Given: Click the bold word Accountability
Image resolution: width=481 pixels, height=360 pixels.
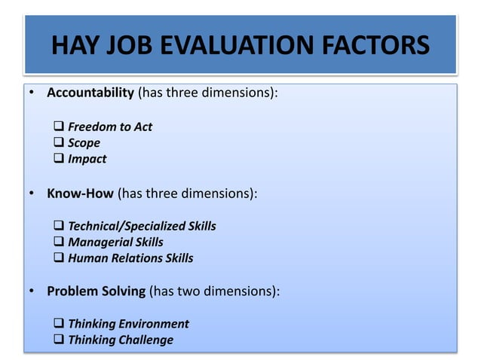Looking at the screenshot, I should tap(90, 93).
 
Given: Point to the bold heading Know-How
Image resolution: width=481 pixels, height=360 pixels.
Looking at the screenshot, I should tap(80, 193).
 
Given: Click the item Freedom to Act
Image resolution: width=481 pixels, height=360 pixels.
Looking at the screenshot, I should tap(109, 127).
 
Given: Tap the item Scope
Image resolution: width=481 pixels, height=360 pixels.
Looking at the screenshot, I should tap(84, 143).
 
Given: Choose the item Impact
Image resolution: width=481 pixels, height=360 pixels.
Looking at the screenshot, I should tap(87, 159).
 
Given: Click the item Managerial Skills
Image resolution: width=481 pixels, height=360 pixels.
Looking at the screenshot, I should tap(115, 242).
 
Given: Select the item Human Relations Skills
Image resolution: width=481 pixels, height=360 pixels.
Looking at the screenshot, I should tap(130, 258).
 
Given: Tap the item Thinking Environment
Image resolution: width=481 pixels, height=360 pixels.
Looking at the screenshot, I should tap(128, 324).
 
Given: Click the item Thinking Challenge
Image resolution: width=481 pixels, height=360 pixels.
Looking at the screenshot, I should tap(121, 340).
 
